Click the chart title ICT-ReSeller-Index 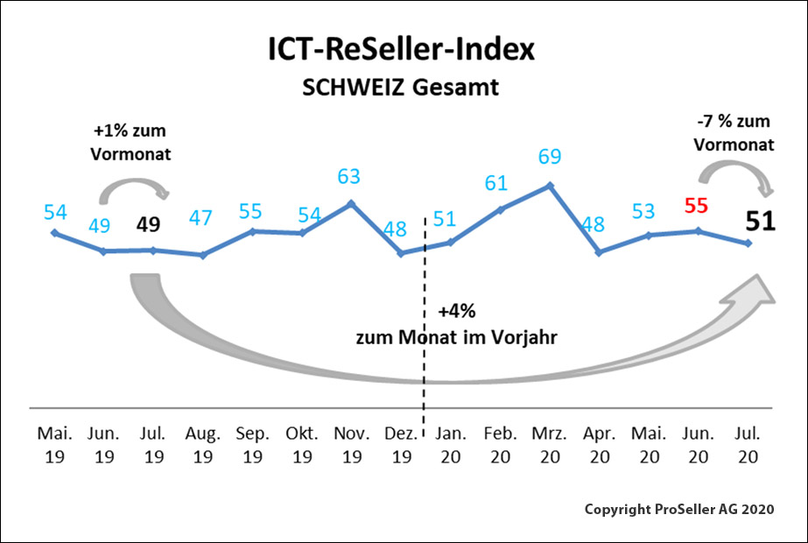coord(401,51)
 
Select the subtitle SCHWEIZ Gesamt coord(401,88)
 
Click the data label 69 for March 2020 coord(549,159)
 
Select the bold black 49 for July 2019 coord(149,224)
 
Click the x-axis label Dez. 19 coord(400,445)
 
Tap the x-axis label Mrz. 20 coord(549,445)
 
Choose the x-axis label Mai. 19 coord(54,445)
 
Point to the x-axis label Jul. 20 coord(747,445)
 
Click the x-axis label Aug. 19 coord(202,445)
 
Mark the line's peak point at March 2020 coord(549,186)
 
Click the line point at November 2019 coord(350,203)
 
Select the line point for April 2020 coord(599,252)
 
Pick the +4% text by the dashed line coord(456,312)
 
